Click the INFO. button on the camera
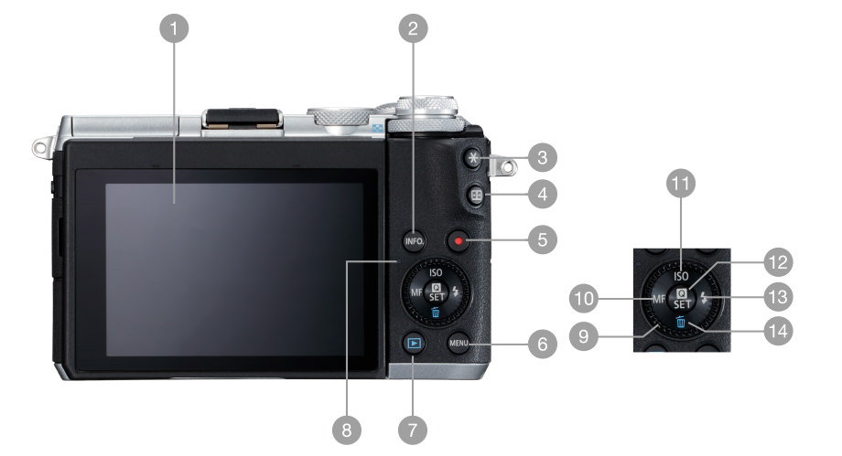(x=415, y=241)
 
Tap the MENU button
(x=459, y=343)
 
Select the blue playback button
(x=414, y=343)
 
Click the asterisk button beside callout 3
(x=473, y=158)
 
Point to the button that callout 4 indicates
(x=476, y=196)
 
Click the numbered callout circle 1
(x=174, y=28)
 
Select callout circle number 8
(x=346, y=429)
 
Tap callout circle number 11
(x=680, y=184)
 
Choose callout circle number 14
(x=778, y=331)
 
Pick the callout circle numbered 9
(x=584, y=336)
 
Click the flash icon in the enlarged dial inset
(x=704, y=298)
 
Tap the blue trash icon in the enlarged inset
(x=681, y=322)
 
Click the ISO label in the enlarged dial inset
(x=681, y=276)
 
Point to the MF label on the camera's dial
(x=416, y=292)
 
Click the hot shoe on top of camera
(x=243, y=119)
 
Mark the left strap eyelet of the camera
(x=42, y=147)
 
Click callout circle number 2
(x=413, y=28)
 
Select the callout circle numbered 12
(x=778, y=262)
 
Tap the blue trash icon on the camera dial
(x=435, y=312)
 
